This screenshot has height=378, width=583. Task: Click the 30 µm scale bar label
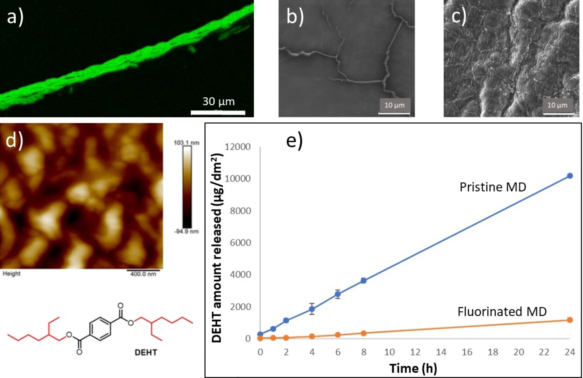click(218, 101)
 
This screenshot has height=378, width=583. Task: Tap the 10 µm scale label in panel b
click(394, 105)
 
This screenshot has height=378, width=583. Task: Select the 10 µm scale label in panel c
click(557, 105)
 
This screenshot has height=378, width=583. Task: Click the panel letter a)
click(15, 17)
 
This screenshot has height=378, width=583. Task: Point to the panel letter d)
click(14, 140)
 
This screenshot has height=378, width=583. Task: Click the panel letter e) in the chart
click(294, 140)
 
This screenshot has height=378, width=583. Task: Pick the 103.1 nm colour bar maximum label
click(186, 143)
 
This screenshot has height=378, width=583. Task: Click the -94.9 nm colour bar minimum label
click(186, 232)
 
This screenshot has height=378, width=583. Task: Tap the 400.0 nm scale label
click(143, 274)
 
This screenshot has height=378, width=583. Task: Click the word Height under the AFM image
click(12, 273)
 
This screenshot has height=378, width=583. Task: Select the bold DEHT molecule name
click(146, 352)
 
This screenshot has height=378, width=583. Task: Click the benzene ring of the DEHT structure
click(100, 328)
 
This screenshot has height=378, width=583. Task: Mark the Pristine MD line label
click(493, 187)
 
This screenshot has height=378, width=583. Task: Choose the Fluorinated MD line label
click(502, 312)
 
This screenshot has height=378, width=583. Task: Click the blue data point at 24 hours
click(570, 176)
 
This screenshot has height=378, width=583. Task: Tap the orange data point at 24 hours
click(570, 320)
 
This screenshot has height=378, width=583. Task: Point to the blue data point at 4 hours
click(312, 309)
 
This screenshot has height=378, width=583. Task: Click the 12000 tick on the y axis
click(237, 147)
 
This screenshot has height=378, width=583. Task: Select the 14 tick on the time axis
click(441, 352)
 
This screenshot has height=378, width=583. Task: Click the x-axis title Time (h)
click(413, 368)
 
